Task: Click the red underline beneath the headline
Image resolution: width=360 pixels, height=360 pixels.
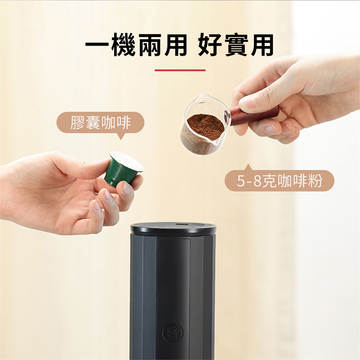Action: [180, 70]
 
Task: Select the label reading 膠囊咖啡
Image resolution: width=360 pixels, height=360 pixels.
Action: [100, 122]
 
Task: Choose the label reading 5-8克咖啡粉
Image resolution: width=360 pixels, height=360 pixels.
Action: [279, 181]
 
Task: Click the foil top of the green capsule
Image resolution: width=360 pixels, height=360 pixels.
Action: [127, 160]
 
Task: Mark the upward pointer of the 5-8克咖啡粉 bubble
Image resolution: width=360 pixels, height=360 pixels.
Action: [248, 167]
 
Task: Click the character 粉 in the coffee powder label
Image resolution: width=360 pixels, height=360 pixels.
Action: [315, 181]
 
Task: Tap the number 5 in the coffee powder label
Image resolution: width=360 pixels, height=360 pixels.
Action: [240, 181]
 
